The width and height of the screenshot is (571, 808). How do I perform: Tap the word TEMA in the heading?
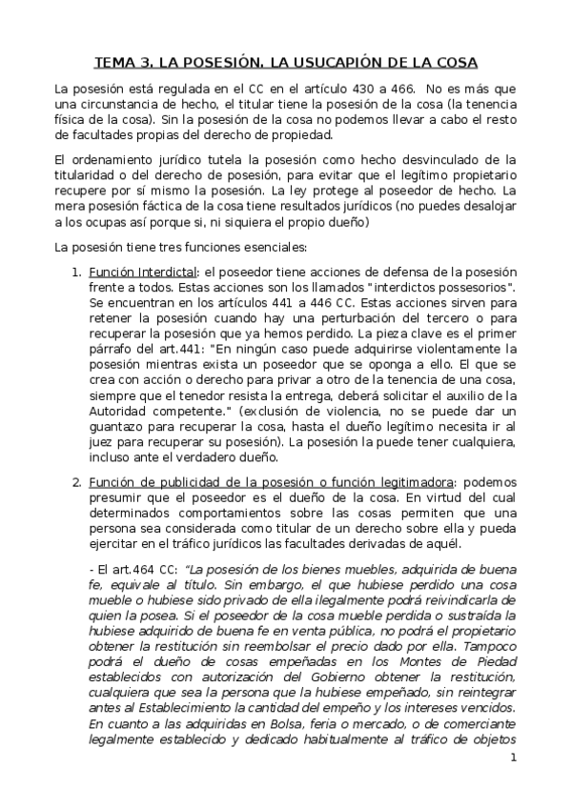116,63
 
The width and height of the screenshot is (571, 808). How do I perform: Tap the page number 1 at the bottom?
513,784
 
